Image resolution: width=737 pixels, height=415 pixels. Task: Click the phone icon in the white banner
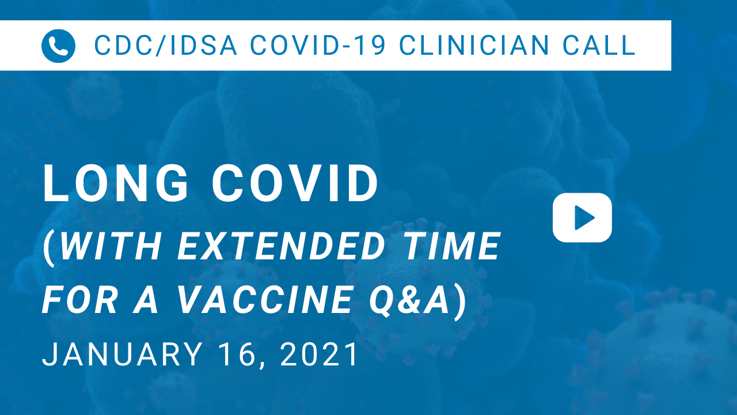58,46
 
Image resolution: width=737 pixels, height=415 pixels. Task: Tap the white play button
582,218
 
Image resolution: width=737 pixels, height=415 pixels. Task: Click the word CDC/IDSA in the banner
165,45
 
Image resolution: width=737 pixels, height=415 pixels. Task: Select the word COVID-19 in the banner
317,45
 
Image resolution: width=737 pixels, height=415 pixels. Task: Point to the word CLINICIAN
474,45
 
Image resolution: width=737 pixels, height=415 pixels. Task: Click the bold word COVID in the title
295,183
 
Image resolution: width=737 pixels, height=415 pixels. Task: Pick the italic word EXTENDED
282,246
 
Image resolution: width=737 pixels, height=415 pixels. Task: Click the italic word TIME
453,246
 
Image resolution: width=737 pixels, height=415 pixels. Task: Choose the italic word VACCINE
265,300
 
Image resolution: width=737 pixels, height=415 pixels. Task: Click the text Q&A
409,300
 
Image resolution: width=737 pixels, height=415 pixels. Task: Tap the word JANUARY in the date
122,354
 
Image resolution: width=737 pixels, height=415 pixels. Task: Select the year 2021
318,354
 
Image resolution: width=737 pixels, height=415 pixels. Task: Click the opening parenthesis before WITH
50,248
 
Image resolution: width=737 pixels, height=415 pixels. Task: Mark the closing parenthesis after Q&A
460,302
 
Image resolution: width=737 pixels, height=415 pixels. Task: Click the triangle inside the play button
583,218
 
